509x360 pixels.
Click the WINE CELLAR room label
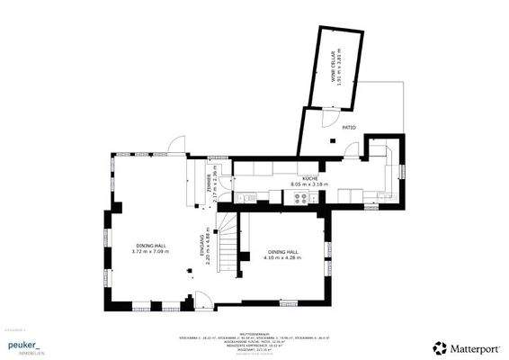click(332, 66)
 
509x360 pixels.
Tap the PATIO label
click(349, 128)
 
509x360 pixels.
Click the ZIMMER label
click(208, 185)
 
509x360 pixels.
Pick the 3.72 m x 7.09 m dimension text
click(150, 252)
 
